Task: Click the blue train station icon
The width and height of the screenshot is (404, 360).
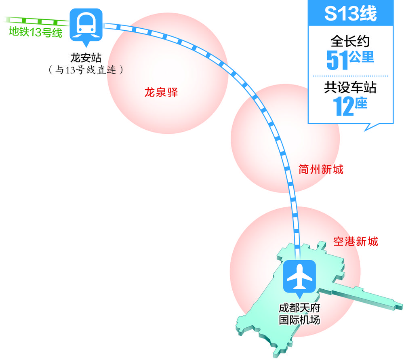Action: click(x=86, y=25)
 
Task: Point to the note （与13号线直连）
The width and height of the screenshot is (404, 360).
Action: click(x=85, y=70)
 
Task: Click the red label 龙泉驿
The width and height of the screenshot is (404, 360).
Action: click(x=161, y=93)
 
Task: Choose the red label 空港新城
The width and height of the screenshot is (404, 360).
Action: click(x=356, y=242)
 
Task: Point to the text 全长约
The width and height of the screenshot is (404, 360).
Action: click(x=350, y=41)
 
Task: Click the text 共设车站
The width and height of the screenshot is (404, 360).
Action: click(x=350, y=87)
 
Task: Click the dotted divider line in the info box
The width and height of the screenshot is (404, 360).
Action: click(x=350, y=76)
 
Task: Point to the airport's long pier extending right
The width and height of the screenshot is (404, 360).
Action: click(x=364, y=297)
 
